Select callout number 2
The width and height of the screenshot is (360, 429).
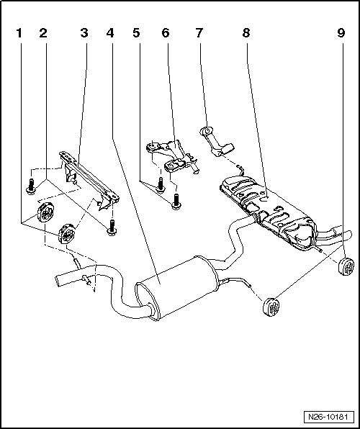(x=43, y=34)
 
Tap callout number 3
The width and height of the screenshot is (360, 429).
(x=85, y=34)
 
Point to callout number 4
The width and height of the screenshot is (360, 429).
(x=109, y=34)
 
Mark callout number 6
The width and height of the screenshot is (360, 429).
(x=166, y=34)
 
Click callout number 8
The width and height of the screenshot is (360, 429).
(x=247, y=34)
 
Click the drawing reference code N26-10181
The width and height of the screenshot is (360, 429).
(x=328, y=417)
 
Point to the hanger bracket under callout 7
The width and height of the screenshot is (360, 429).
(x=215, y=142)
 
